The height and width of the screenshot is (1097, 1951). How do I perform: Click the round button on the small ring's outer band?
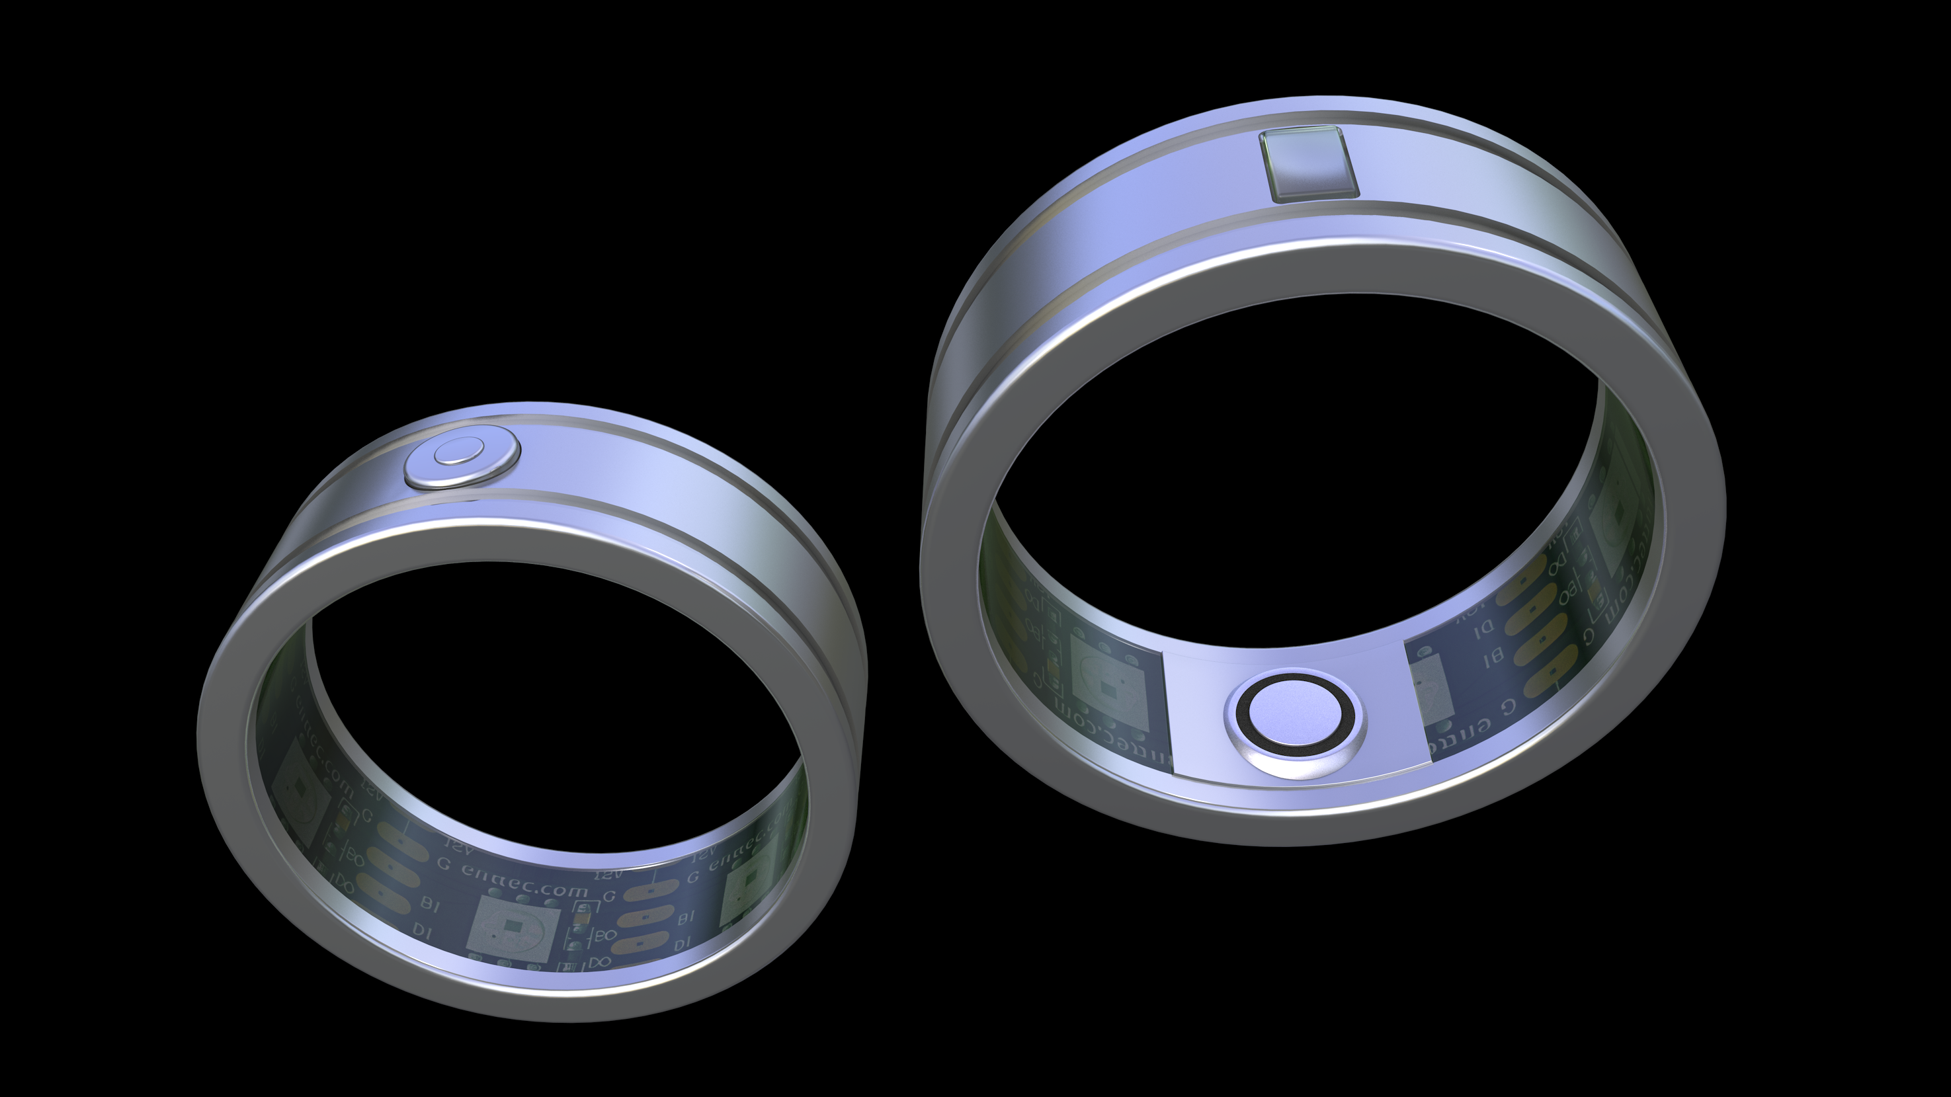(x=462, y=460)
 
